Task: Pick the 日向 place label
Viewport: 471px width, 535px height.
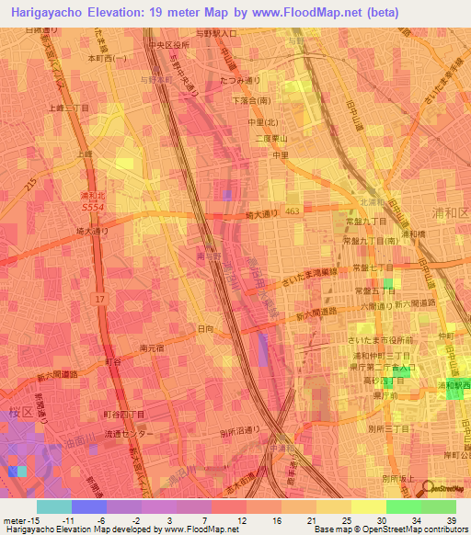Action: click(x=205, y=327)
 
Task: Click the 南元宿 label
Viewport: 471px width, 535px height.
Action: click(x=151, y=347)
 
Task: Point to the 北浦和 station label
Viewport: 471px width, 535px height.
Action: click(x=369, y=202)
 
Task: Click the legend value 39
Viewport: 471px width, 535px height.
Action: click(x=451, y=521)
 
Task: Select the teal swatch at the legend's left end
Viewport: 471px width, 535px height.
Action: click(x=53, y=507)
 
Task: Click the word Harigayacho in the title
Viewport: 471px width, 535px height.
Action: click(x=54, y=13)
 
